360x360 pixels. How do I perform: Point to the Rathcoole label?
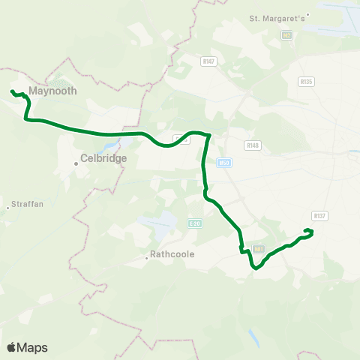tap(172, 254)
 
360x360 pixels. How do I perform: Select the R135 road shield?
tap(305, 81)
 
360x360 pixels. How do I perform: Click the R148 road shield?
tap(253, 145)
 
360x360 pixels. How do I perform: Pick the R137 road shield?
tap(320, 216)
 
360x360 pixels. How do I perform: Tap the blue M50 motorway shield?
tap(223, 162)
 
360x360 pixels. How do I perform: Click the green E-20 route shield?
tap(195, 223)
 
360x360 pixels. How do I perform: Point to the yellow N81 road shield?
tap(260, 248)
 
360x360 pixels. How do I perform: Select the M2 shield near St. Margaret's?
tap(286, 35)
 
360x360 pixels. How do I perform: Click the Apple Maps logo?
tap(27, 347)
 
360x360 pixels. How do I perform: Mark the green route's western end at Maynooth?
tap(12, 91)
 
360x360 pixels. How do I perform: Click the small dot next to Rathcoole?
tap(146, 258)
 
